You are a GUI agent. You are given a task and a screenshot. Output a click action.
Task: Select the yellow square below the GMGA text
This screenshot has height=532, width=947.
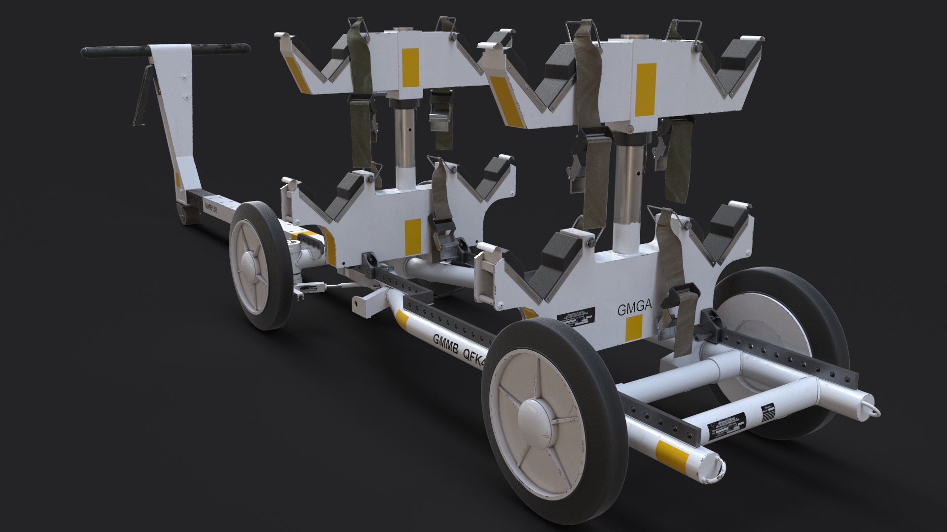click(633, 329)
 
